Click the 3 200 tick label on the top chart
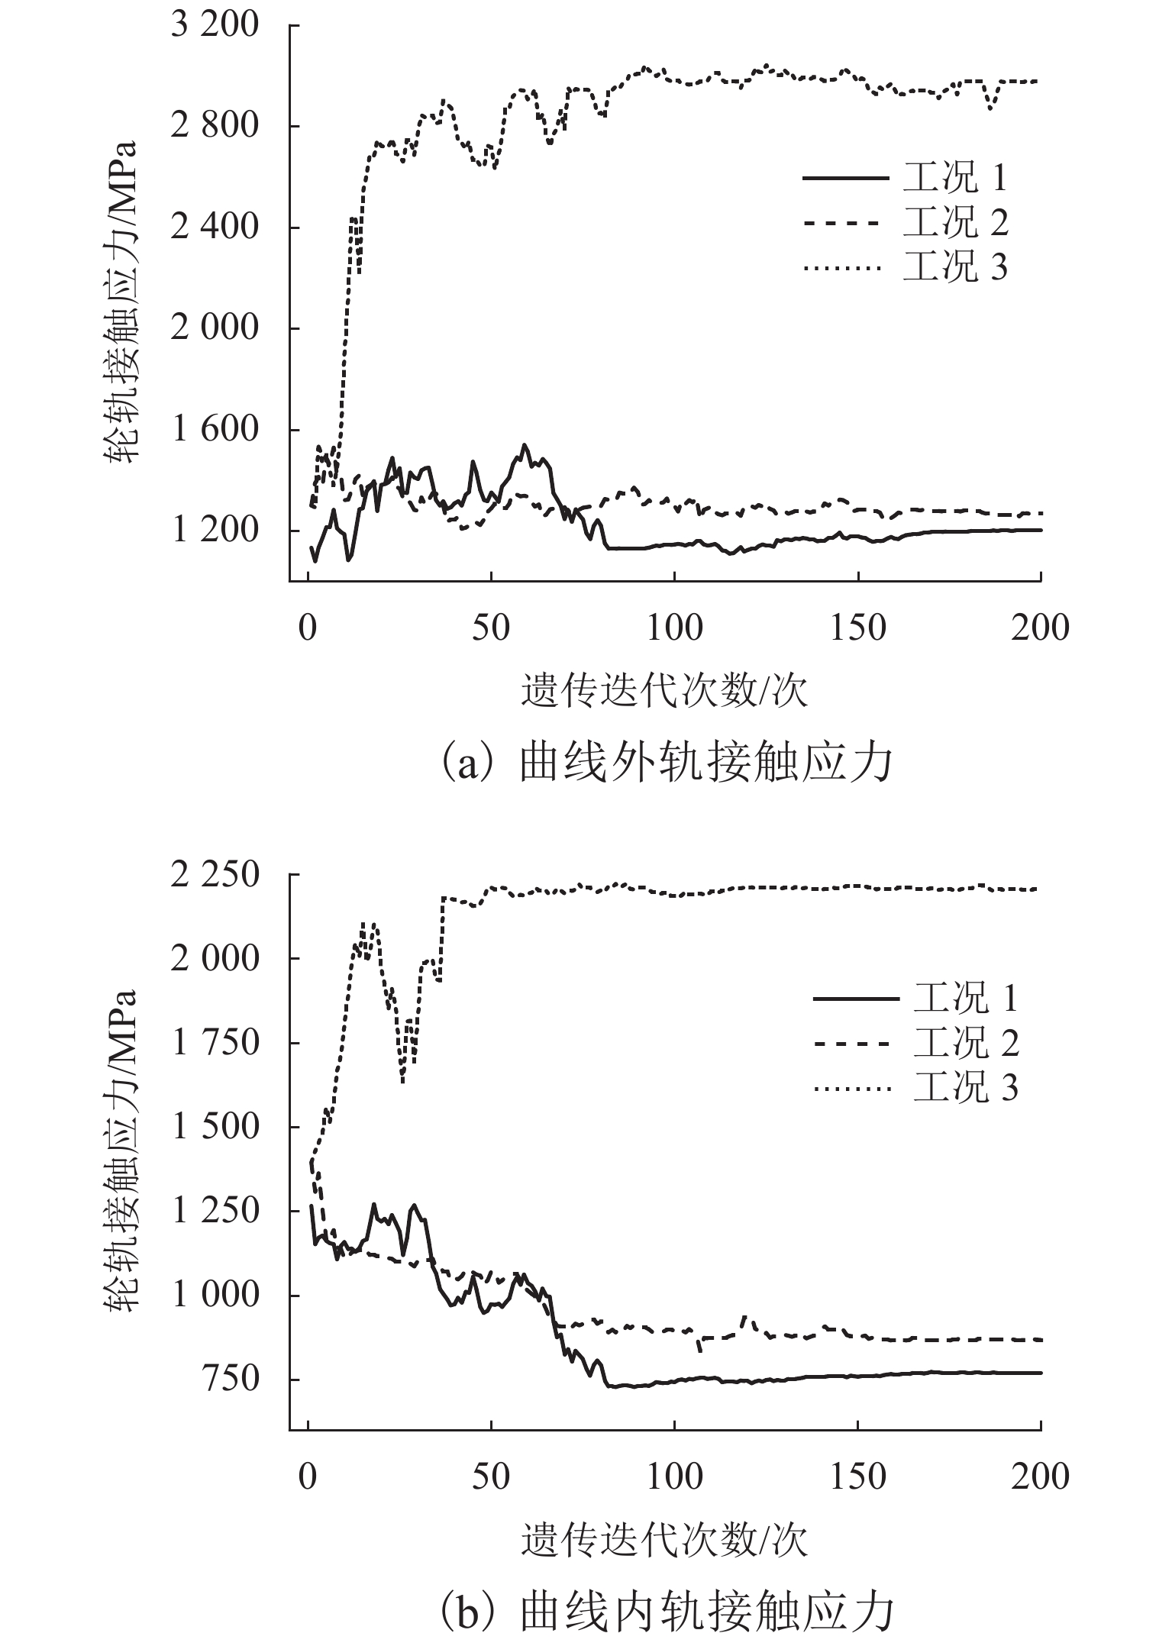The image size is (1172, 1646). pyautogui.click(x=215, y=25)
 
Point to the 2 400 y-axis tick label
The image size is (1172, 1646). pyautogui.click(x=215, y=228)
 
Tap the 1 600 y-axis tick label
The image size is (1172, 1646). pyautogui.click(x=215, y=430)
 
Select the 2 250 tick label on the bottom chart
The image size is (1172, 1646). pyautogui.click(x=215, y=875)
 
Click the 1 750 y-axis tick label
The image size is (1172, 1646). pyautogui.click(x=215, y=1043)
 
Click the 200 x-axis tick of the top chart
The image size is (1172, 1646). pyautogui.click(x=1041, y=628)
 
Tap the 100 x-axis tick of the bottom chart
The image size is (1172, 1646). pyautogui.click(x=674, y=1477)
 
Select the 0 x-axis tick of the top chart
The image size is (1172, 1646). pyautogui.click(x=308, y=628)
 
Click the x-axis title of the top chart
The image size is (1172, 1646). pyautogui.click(x=664, y=691)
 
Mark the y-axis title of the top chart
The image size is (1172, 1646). pyautogui.click(x=120, y=303)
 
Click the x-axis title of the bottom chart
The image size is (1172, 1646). pyautogui.click(x=664, y=1540)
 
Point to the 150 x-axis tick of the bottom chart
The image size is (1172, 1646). pyautogui.click(x=858, y=1477)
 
